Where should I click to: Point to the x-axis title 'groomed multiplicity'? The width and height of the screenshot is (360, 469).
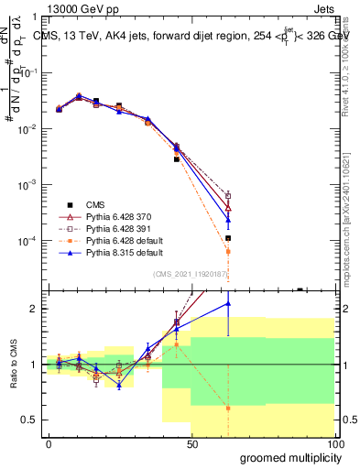286,457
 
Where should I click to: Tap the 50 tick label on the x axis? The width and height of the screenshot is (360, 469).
192,443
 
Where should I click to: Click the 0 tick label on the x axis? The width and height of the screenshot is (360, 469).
49,443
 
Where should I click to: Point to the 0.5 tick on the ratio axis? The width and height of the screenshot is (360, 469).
28,420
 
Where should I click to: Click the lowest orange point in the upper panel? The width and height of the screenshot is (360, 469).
228,251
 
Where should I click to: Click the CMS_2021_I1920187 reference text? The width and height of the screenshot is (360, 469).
193,274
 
